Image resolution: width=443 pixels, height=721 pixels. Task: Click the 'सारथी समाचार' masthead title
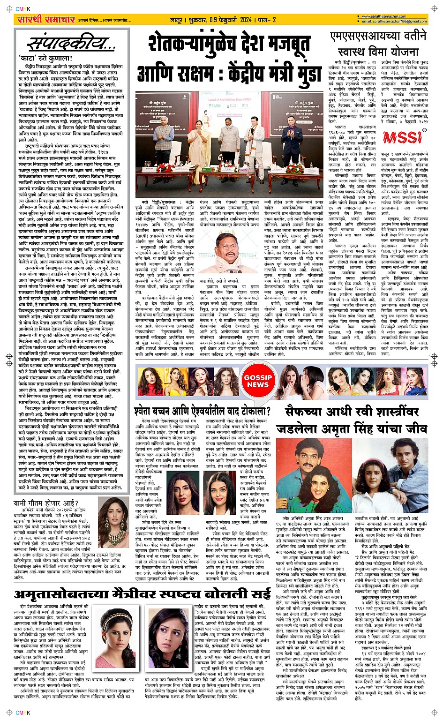coord(45,19)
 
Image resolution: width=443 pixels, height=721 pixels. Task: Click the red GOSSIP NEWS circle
coord(257,380)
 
